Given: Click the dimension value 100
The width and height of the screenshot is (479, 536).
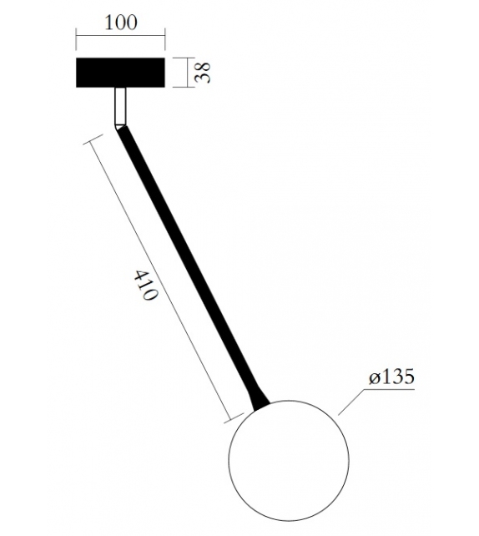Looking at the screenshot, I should tap(120, 22).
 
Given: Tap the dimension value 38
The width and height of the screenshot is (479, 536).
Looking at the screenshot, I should tap(201, 72).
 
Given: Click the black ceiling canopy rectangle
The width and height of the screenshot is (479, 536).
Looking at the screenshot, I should tap(120, 73).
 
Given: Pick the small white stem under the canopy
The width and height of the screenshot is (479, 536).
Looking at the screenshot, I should tap(120, 106).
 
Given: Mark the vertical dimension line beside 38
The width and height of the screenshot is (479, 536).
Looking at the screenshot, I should tap(184, 73).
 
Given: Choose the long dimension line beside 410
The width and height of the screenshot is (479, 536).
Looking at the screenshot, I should tap(159, 280).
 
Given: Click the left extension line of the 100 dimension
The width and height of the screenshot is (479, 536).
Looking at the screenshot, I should tap(77, 42).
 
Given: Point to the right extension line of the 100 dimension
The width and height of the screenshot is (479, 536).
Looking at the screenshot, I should tap(164, 42).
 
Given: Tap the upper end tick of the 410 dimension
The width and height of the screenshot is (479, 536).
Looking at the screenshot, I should tap(87, 142).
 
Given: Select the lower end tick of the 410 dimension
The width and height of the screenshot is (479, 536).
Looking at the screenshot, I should tap(231, 417).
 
